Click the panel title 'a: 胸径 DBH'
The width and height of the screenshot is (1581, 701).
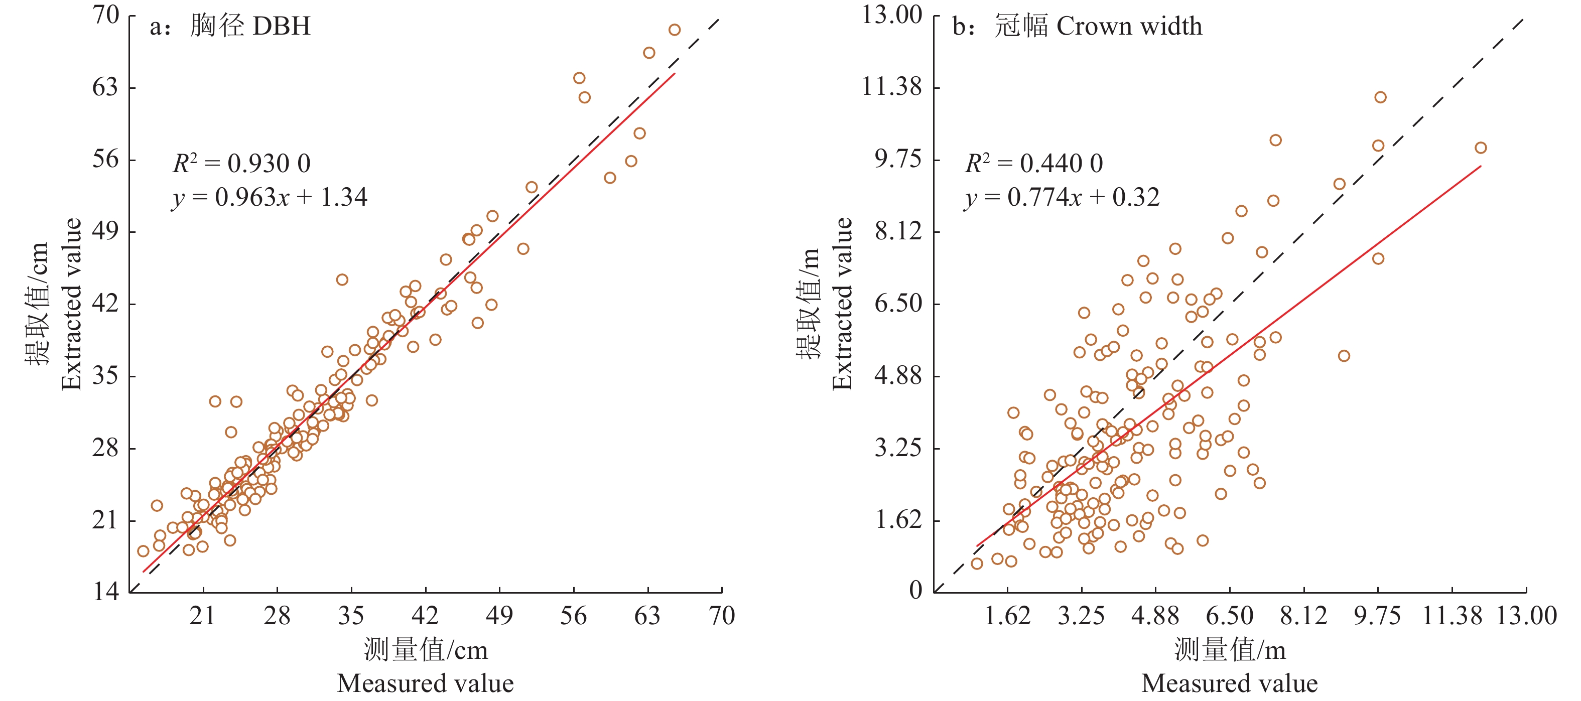(230, 26)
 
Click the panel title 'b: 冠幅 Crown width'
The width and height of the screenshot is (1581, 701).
(1077, 26)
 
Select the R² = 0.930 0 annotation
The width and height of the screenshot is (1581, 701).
(241, 163)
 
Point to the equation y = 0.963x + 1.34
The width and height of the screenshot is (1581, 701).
(270, 197)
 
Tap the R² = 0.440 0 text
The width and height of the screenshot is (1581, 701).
(1033, 163)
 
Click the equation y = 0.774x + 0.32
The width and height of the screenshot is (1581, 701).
(1062, 197)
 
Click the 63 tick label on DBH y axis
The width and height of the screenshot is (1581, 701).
(105, 87)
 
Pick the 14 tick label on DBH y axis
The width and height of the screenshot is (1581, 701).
(105, 592)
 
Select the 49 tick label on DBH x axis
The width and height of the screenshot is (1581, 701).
(499, 615)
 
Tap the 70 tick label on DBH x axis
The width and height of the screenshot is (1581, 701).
(721, 615)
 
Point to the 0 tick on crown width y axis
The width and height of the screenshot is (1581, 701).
(915, 591)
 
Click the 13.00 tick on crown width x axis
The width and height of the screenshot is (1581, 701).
(1526, 615)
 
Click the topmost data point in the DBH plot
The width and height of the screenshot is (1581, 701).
(675, 30)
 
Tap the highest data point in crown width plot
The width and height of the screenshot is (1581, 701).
(1380, 97)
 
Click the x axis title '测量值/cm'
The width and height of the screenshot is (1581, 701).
(425, 649)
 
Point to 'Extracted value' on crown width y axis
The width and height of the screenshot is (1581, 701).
(843, 304)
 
